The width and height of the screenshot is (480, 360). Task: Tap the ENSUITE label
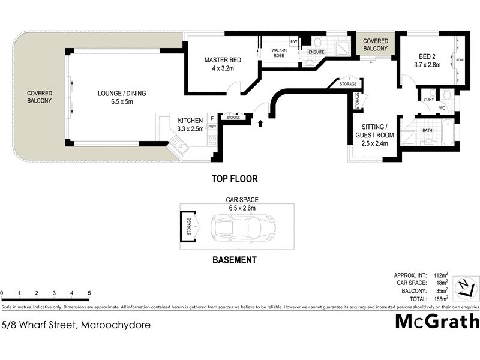pyautogui.click(x=316, y=53)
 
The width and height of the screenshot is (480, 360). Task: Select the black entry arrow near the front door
pyautogui.click(x=260, y=123)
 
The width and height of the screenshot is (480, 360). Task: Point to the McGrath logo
pyautogui.click(x=437, y=322)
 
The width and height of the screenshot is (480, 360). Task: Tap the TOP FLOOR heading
pyautogui.click(x=234, y=179)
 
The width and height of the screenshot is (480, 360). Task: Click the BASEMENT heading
pyautogui.click(x=235, y=260)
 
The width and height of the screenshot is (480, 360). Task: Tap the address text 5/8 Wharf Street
pyautogui.click(x=76, y=326)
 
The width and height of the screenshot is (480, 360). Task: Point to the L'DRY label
pyautogui.click(x=428, y=100)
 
